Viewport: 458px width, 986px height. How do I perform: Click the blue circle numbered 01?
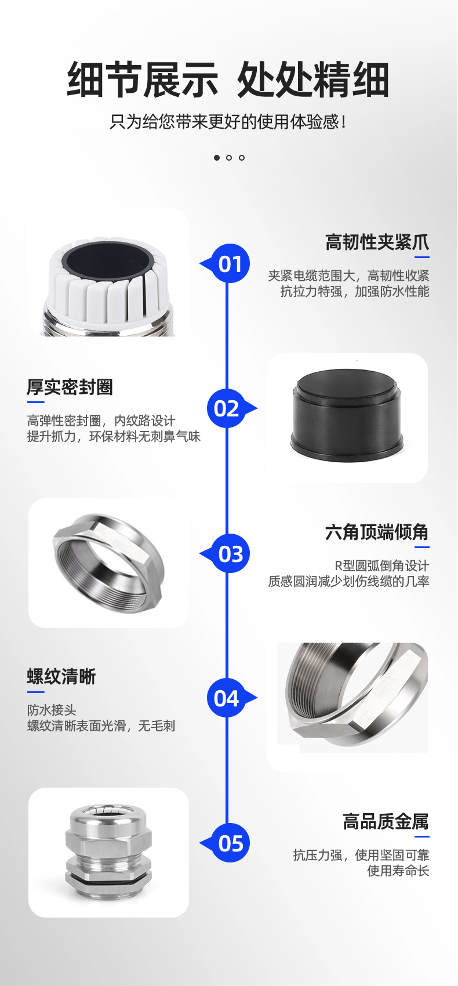[x=230, y=264]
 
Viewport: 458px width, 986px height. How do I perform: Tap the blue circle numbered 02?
[x=227, y=408]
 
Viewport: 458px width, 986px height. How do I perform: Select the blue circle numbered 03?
[x=230, y=554]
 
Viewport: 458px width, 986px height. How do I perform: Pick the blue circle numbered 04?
[x=227, y=698]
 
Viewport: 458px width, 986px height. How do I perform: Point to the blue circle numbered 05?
[x=230, y=843]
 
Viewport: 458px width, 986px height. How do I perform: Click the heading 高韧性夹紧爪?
[x=377, y=242]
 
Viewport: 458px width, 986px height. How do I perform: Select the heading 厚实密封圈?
[x=70, y=387]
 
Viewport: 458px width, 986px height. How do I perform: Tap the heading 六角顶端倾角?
[x=377, y=532]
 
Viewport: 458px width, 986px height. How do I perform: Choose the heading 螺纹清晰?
[x=61, y=676]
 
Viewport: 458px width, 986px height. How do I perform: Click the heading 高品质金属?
[x=386, y=821]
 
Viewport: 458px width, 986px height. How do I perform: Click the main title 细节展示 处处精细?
[x=228, y=80]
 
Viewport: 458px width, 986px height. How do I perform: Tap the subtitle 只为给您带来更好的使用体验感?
[x=228, y=122]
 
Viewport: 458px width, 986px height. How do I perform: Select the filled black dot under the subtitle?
[x=217, y=158]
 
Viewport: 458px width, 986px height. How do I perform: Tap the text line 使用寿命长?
[x=398, y=871]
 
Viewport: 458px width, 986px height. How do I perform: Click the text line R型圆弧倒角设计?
[x=381, y=565]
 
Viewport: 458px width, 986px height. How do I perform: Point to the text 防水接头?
[x=52, y=710]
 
